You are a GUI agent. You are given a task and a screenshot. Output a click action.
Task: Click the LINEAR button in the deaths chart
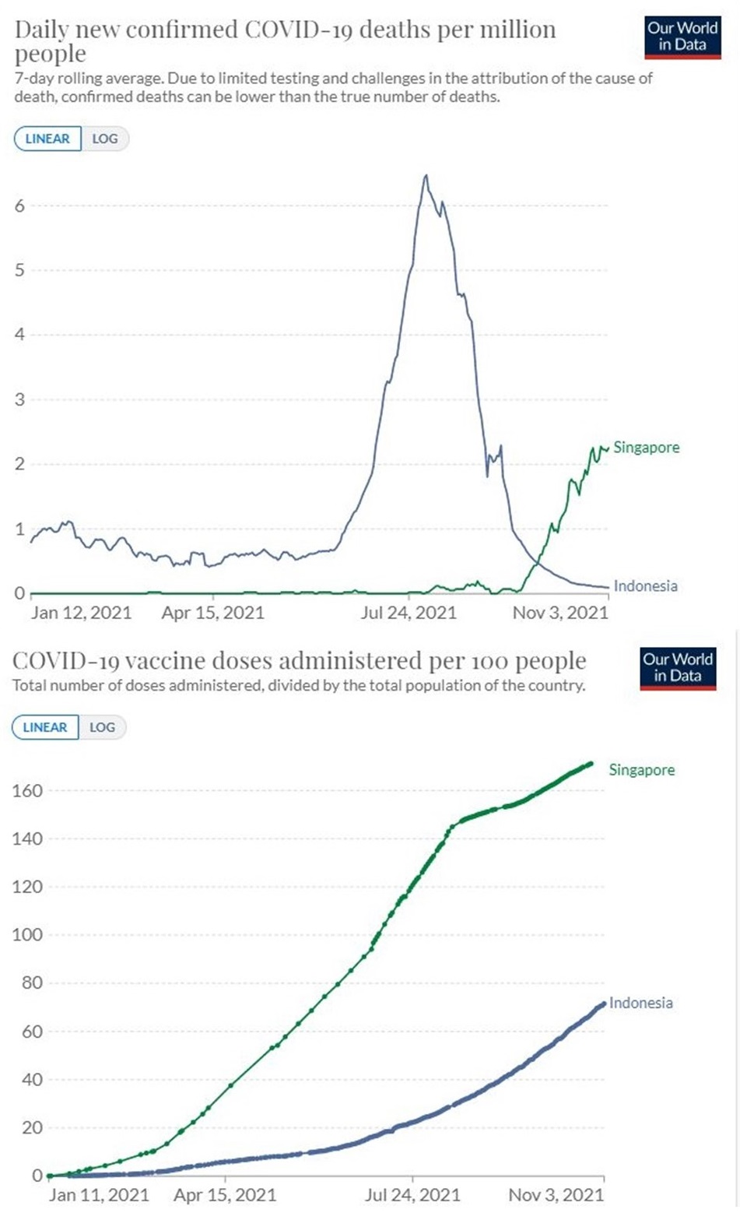tap(47, 139)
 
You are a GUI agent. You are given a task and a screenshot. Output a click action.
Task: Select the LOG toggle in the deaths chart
tap(105, 139)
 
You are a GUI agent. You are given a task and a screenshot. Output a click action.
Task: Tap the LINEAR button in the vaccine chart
tap(45, 727)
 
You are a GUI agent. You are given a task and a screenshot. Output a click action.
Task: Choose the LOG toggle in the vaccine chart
tap(102, 727)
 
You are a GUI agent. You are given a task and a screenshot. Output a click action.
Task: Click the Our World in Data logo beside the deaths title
tap(682, 37)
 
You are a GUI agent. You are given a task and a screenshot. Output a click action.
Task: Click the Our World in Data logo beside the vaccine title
tap(677, 667)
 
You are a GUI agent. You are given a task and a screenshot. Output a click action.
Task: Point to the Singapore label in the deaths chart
tap(646, 448)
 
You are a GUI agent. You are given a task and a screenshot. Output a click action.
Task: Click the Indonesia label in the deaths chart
tap(645, 586)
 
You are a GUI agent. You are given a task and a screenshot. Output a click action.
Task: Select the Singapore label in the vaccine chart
tap(641, 770)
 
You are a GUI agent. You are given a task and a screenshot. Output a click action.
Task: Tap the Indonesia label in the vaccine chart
tap(640, 1003)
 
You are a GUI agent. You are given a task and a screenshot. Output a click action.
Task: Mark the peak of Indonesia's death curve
tap(426, 176)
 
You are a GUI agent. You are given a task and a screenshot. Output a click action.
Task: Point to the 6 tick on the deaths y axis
tap(19, 206)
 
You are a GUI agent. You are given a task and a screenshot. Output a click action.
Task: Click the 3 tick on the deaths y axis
tap(19, 399)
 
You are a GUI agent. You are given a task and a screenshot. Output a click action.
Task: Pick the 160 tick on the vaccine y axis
tap(27, 790)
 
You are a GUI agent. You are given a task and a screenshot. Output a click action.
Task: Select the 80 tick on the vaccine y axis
tap(30, 983)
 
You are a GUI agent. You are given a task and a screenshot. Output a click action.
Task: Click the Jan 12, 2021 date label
tap(81, 613)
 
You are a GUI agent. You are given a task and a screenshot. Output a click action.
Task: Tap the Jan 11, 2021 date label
tap(98, 1195)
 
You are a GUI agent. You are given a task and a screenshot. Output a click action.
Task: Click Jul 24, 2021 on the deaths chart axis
tap(409, 613)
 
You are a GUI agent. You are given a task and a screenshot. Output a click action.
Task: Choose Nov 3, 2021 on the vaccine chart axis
tap(556, 1195)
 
